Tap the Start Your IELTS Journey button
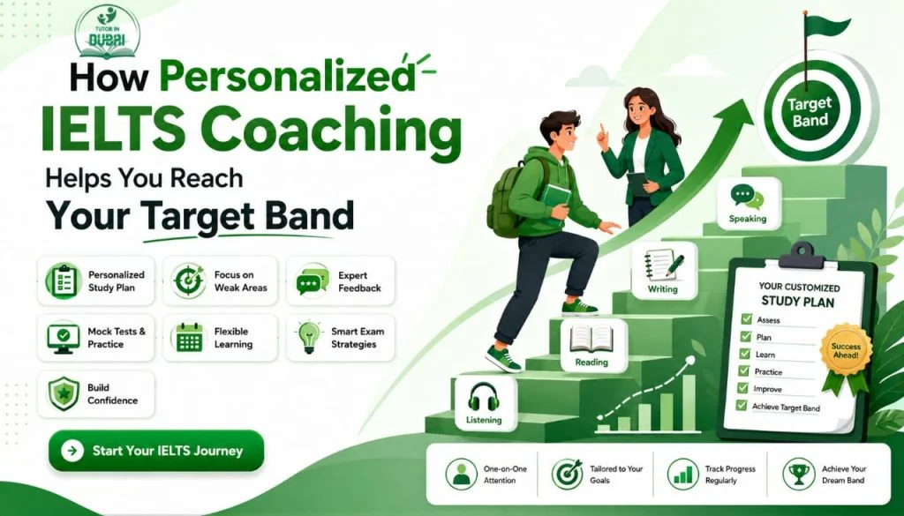[x=156, y=451]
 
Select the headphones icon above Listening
[x=484, y=396]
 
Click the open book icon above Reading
[x=591, y=339]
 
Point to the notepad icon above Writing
[x=664, y=265]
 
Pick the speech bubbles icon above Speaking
[x=747, y=197]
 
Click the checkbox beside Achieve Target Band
[x=742, y=406]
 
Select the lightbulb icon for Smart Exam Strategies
[x=308, y=338]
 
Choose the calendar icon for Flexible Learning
[x=189, y=338]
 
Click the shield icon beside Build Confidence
[x=64, y=394]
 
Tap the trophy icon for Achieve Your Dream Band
[x=798, y=474]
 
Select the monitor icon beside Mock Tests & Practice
[x=64, y=338]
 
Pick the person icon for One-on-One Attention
[x=461, y=474]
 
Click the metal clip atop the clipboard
[x=801, y=256]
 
